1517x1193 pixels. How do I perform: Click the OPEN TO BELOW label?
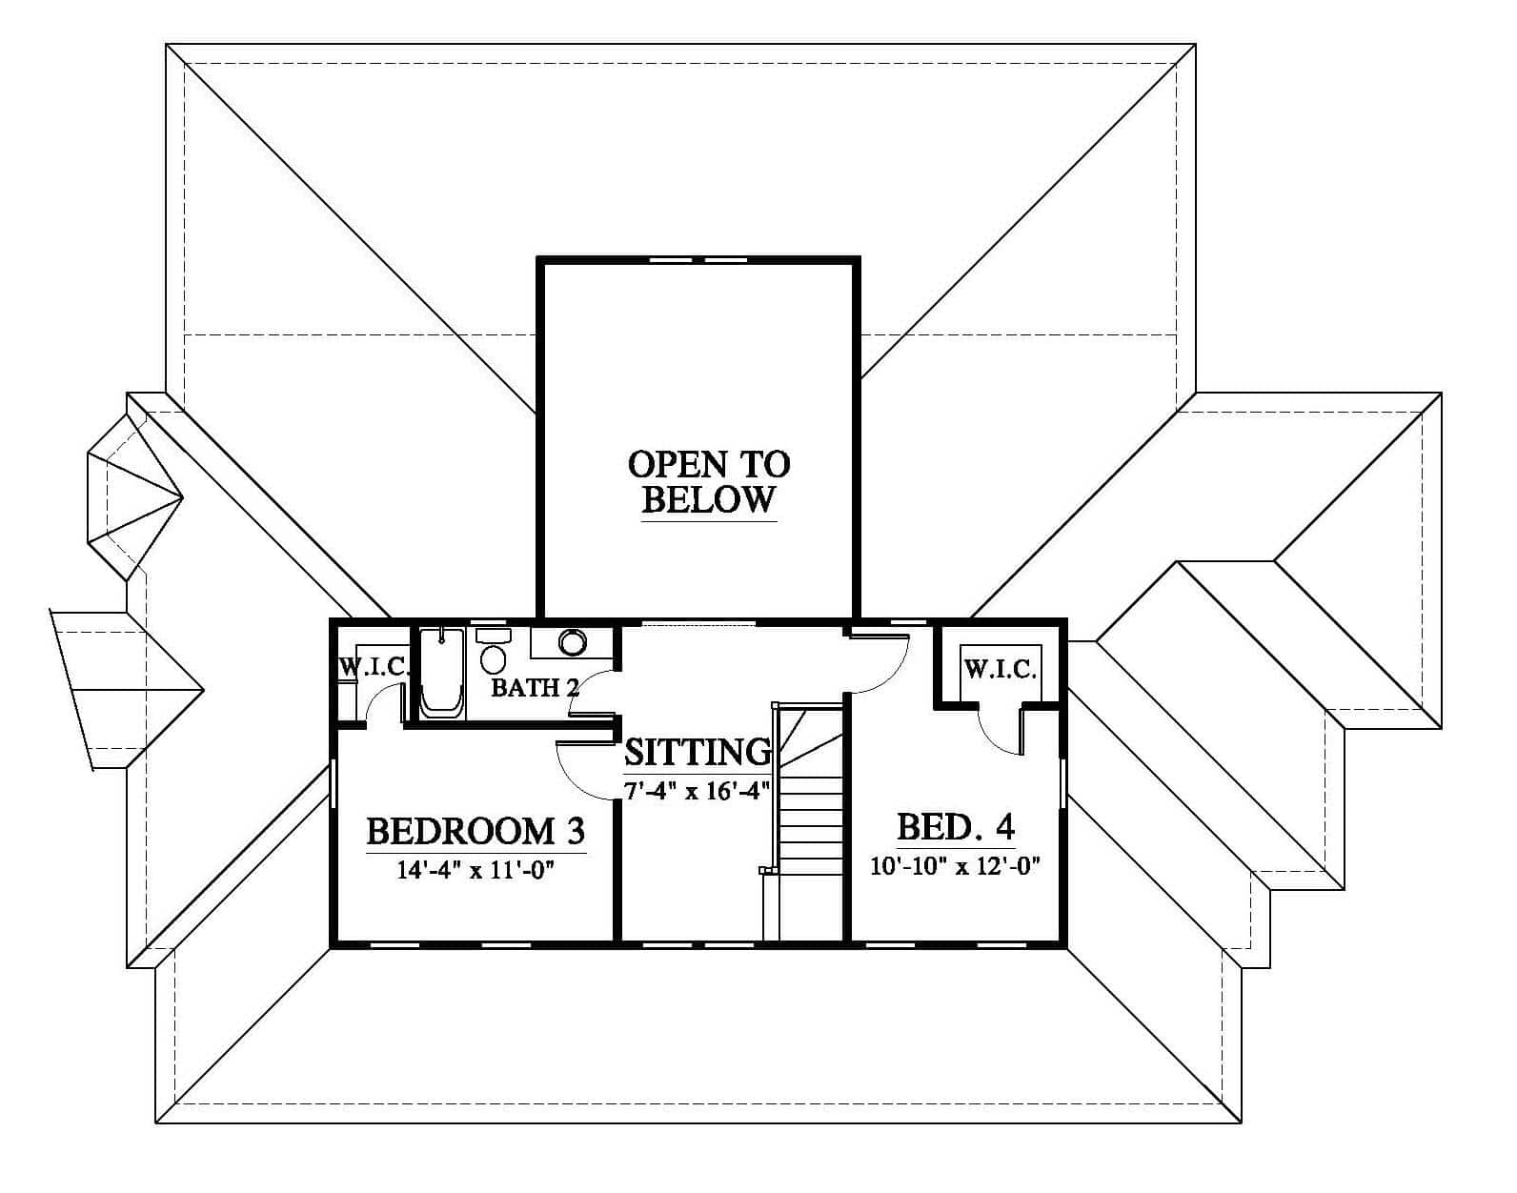708,482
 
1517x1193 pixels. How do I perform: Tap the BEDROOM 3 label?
475,831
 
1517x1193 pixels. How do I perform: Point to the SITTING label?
698,752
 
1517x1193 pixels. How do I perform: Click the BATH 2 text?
535,687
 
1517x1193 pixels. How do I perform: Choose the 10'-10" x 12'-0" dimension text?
955,865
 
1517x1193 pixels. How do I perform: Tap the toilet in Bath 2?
493,651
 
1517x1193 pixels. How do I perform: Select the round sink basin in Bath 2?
573,642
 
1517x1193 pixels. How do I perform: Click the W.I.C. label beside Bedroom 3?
374,667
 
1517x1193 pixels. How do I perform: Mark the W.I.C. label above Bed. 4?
1001,669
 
